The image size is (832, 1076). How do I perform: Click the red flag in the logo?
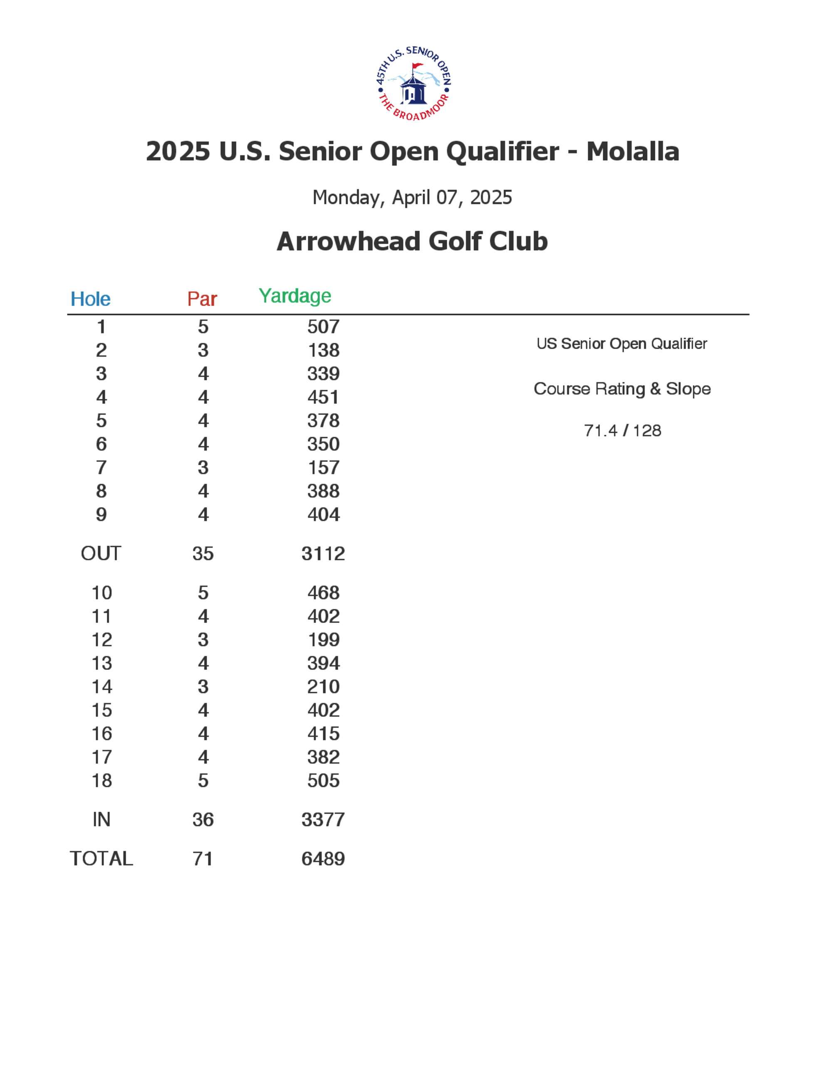click(x=417, y=66)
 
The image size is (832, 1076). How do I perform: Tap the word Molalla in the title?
click(x=632, y=151)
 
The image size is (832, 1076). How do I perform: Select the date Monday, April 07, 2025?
click(x=412, y=197)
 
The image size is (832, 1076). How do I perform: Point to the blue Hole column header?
click(x=90, y=299)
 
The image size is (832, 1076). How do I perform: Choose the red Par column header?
click(x=202, y=299)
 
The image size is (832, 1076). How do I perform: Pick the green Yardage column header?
click(x=295, y=296)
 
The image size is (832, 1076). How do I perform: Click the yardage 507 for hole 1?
click(x=323, y=327)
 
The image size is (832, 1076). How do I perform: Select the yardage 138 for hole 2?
click(x=323, y=350)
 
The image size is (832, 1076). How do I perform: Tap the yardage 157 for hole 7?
click(x=323, y=468)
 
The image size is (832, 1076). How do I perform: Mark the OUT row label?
click(x=101, y=554)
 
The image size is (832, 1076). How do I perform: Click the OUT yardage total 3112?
click(x=323, y=554)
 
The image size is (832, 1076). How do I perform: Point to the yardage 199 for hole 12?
click(x=323, y=639)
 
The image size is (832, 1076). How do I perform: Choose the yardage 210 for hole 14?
click(x=323, y=687)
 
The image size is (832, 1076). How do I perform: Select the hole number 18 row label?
click(x=102, y=780)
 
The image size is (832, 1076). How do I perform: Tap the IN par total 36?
click(x=203, y=820)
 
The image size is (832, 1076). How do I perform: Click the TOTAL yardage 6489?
click(x=323, y=859)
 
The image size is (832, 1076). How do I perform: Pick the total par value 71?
click(x=203, y=859)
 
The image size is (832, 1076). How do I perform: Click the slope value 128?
click(x=647, y=431)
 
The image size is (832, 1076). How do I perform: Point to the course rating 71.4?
click(x=600, y=431)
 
